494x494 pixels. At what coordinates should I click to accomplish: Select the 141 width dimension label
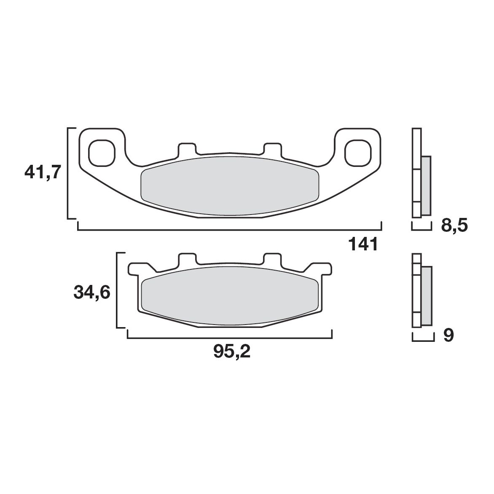363,244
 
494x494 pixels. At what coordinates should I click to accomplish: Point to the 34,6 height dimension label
92,292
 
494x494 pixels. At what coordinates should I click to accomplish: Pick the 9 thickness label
448,336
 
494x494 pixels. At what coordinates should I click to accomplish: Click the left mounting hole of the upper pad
102,152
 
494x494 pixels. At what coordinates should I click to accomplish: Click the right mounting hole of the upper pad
358,152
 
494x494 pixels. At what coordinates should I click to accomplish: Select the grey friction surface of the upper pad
230,185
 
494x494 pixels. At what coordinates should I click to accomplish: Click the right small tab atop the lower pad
272,259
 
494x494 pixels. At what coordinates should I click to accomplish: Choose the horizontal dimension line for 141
230,230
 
